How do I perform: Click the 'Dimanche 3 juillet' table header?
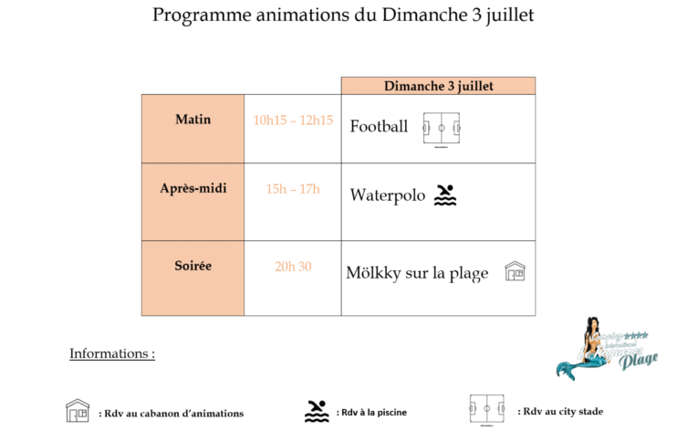coord(438,86)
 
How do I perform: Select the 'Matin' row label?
coord(193,119)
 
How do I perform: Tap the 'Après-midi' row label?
coord(193,189)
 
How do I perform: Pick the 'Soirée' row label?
coord(193,266)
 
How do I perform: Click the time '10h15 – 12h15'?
coord(293,120)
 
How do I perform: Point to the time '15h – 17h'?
coord(293,189)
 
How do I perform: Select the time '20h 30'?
coord(293,267)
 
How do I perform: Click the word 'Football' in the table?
coord(379,127)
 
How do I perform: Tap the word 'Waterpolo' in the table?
coord(387,194)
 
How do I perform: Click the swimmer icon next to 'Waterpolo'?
coord(445,194)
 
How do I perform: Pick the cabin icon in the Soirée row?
coord(515,271)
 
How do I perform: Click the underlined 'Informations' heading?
coord(111,353)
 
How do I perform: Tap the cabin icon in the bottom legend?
coord(78,411)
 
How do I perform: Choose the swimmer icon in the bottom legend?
coord(317,411)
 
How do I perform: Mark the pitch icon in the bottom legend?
coord(486,410)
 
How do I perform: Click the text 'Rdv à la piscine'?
coord(370,412)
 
